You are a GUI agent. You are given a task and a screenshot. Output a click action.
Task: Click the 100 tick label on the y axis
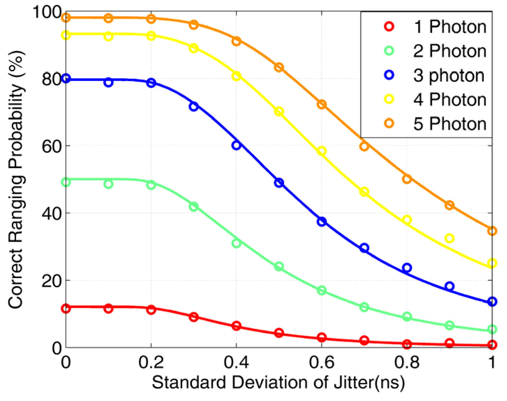(x=47, y=13)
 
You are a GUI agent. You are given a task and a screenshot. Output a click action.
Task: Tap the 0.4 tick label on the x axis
(x=236, y=362)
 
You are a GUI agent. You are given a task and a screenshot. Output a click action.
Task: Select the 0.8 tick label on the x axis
(x=407, y=362)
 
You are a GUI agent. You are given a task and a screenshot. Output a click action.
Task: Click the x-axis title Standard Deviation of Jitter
(x=278, y=382)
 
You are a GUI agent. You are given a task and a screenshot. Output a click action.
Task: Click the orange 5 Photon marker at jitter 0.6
(x=322, y=104)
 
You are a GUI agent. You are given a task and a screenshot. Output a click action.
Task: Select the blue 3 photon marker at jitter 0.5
(x=279, y=183)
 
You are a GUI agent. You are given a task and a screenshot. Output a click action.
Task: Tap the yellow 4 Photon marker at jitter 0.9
(x=450, y=239)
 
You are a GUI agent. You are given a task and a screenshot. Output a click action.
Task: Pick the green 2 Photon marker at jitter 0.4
(x=236, y=243)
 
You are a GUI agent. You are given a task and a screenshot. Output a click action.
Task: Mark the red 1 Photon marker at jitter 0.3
(x=194, y=317)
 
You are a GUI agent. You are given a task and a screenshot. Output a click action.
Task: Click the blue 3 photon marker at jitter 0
(x=66, y=79)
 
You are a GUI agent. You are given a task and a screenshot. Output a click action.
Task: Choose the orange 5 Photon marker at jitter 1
(x=492, y=231)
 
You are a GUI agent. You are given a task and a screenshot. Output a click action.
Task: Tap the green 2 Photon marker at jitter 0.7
(x=364, y=307)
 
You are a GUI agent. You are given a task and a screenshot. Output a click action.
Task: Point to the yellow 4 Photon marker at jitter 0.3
(x=194, y=48)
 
